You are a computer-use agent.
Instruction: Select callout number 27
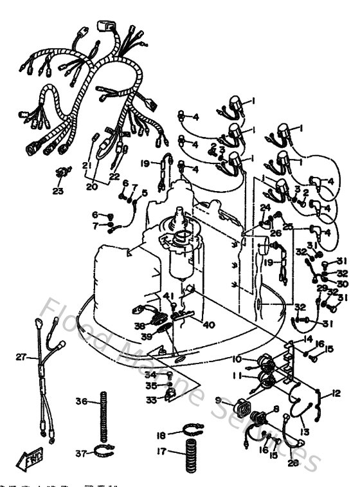pos(21,358)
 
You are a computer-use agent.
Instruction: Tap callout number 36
pos(81,401)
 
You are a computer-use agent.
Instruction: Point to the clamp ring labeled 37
pos(107,452)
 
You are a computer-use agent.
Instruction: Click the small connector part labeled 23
pos(62,173)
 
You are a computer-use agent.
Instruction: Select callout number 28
pos(294,462)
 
